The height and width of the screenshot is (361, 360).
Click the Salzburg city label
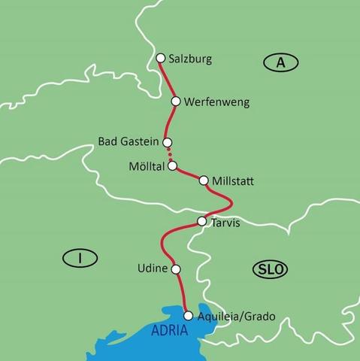pos(191,59)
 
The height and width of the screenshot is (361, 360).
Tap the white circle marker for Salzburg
pos(160,57)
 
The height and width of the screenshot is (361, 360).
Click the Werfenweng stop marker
pos(176,101)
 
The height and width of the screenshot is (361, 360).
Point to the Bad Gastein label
pos(129,141)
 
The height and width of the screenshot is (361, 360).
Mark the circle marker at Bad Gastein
pos(168,141)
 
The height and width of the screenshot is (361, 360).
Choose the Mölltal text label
pos(146,165)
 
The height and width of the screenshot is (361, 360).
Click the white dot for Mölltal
pos(172,165)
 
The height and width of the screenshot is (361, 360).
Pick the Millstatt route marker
pos(203,180)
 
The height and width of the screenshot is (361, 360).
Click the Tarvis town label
pos(226,222)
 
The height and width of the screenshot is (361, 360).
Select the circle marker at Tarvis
pos(201,222)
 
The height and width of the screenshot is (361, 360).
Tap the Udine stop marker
pos(176,268)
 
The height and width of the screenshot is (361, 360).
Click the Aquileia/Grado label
pos(236,317)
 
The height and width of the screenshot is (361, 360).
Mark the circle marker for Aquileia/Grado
pos(188,316)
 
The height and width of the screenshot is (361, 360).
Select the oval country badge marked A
pos(280,63)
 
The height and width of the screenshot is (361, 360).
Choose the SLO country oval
pos(271,269)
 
